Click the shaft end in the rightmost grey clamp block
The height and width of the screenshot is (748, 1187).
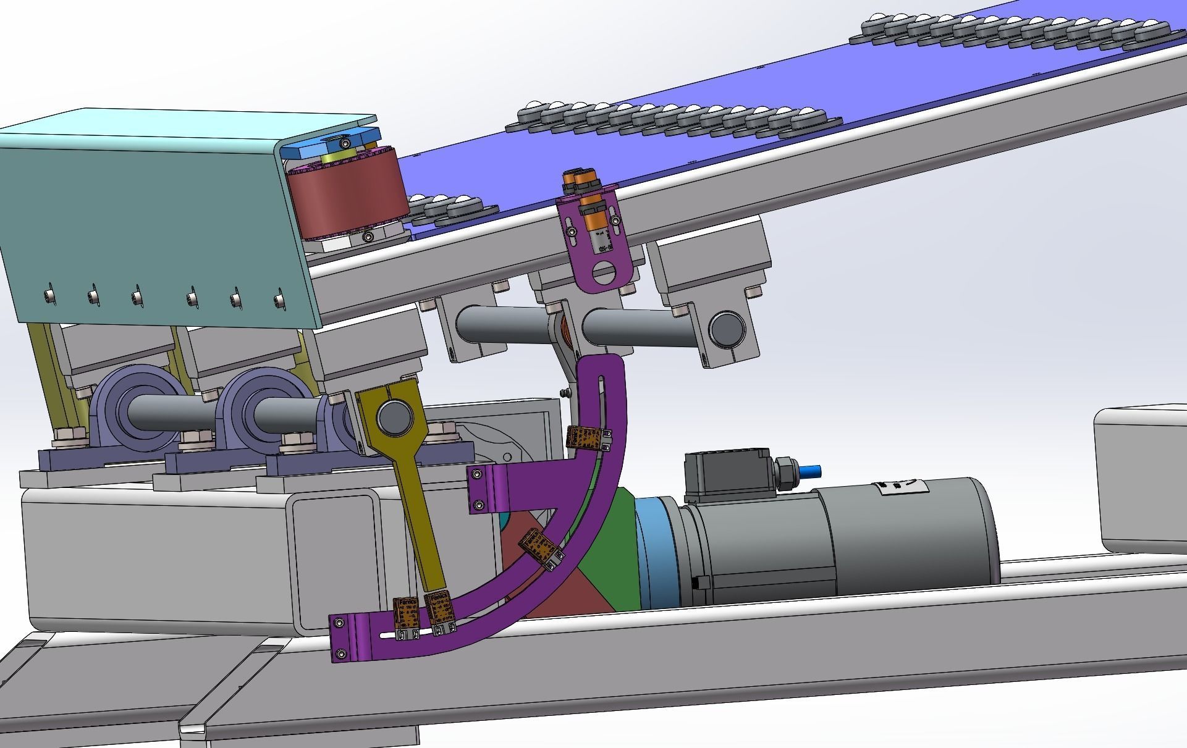click(727, 331)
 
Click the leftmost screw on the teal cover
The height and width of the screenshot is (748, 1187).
click(48, 296)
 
